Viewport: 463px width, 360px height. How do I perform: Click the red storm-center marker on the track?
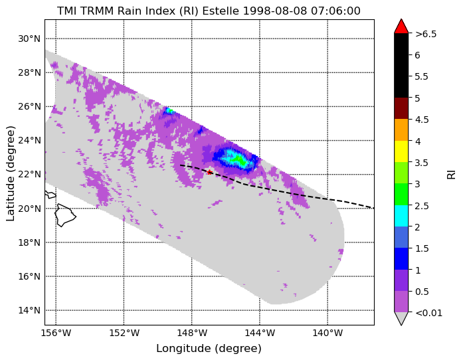coord(210,172)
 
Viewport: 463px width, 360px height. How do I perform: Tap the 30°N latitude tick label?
coord(29,39)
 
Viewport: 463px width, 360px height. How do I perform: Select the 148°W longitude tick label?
coord(192,333)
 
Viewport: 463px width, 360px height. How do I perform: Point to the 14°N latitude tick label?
coord(29,310)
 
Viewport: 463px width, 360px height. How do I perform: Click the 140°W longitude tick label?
coord(327,333)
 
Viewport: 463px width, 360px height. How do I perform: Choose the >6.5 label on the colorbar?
coord(426,34)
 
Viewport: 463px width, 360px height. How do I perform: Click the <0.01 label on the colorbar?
coord(428,313)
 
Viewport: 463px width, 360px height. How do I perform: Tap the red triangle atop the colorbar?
coord(401,27)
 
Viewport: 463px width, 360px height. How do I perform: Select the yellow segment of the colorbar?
coord(401,151)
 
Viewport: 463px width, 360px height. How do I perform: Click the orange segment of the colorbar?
coord(401,130)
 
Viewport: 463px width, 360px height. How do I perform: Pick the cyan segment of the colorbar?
coord(401,216)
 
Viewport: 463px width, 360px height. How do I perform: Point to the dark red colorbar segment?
coord(401,108)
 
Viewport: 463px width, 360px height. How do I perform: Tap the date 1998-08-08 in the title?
coord(276,11)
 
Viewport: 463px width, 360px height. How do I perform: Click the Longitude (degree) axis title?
coord(209,349)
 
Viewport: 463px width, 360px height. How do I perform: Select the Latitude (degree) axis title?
coord(10,173)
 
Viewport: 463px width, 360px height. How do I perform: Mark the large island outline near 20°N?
coord(65,215)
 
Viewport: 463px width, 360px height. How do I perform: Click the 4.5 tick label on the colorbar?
coord(422,120)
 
